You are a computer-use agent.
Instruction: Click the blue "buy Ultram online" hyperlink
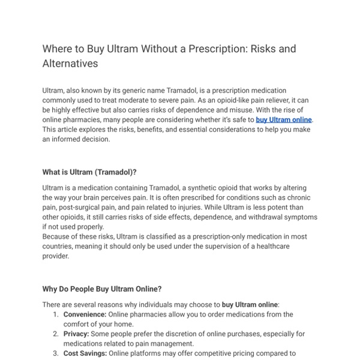tap(283, 119)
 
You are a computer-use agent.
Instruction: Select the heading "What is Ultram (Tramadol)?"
tap(89, 172)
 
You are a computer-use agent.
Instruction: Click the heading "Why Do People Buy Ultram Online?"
tap(101, 289)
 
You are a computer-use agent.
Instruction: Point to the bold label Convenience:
tap(85, 314)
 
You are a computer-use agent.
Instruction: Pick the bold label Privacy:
tap(77, 334)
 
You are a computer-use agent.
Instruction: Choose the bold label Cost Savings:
tap(85, 353)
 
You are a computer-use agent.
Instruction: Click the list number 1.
tap(55, 314)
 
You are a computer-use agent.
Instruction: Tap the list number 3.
tap(55, 353)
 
